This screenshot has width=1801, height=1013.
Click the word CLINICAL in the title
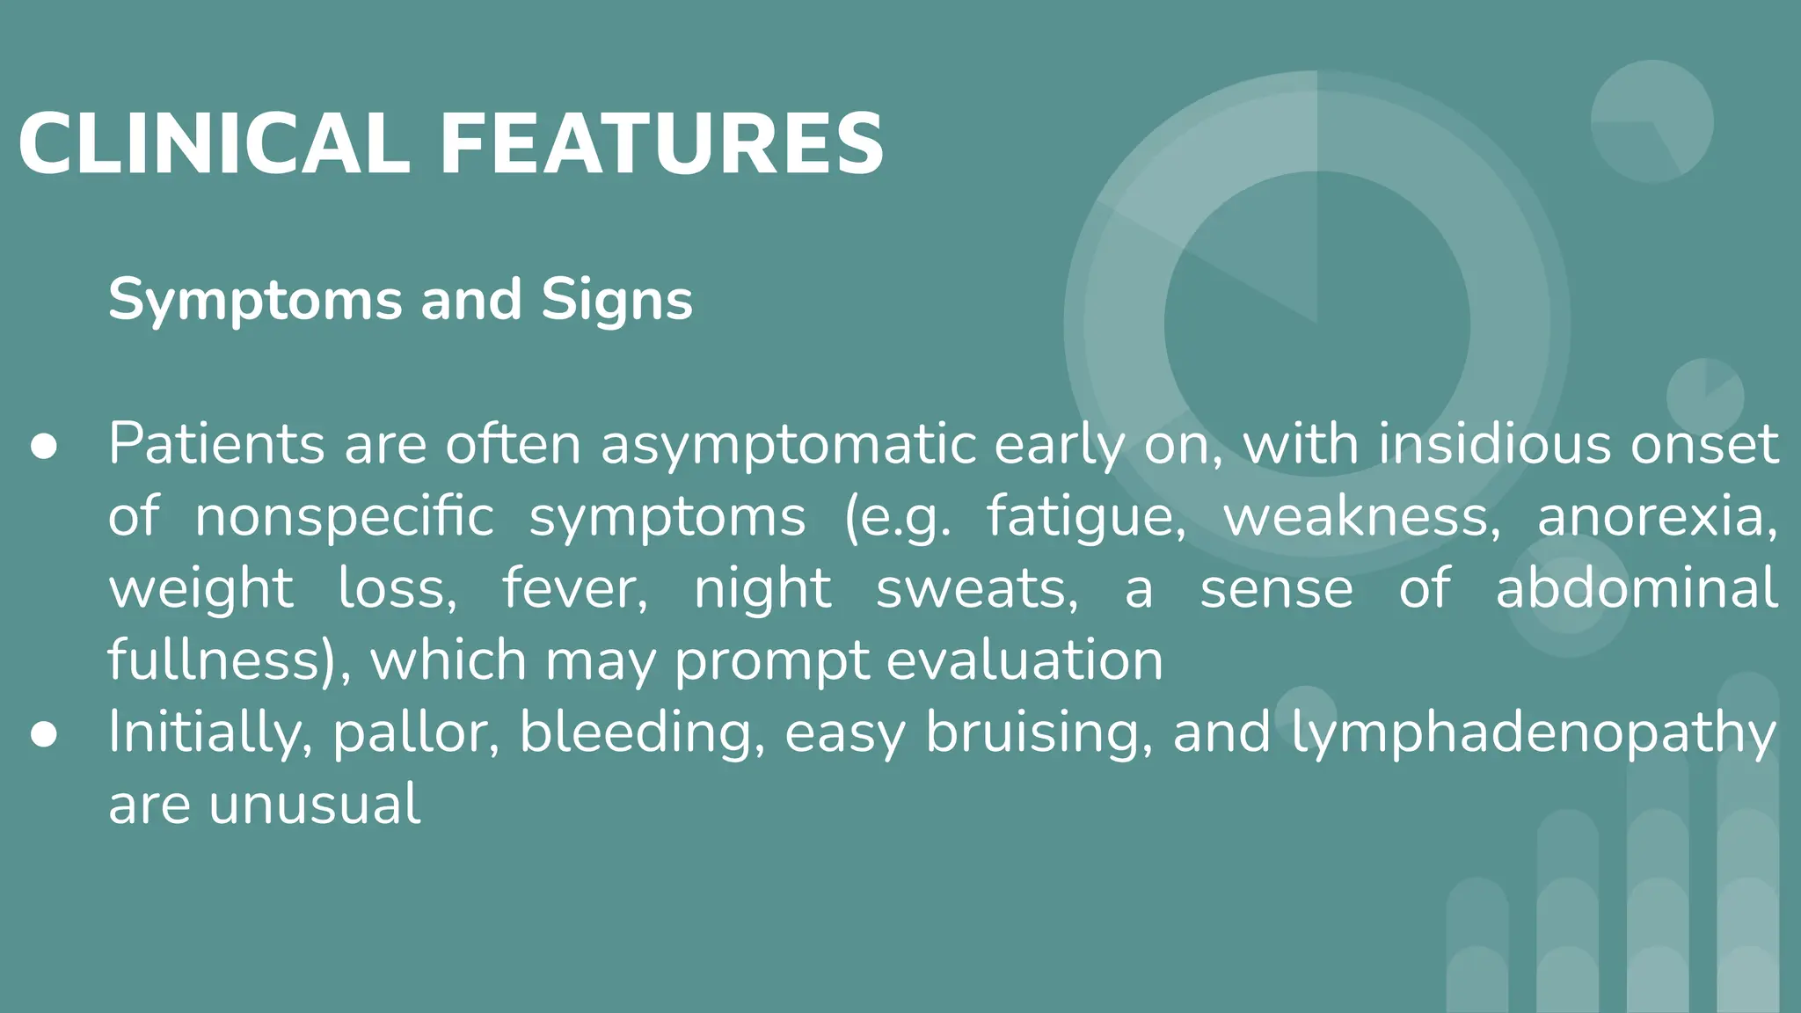[214, 144]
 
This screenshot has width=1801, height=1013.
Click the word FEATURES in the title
[661, 144]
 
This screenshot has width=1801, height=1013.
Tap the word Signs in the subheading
[616, 301]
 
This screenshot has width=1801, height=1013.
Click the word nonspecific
[344, 516]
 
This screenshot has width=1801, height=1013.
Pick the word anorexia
[1657, 516]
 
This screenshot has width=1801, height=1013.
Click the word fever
[574, 588]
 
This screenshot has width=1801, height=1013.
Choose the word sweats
[976, 588]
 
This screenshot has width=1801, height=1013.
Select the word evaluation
[1024, 660]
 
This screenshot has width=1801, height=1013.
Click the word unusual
[315, 805]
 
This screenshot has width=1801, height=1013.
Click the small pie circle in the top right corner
[1652, 121]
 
